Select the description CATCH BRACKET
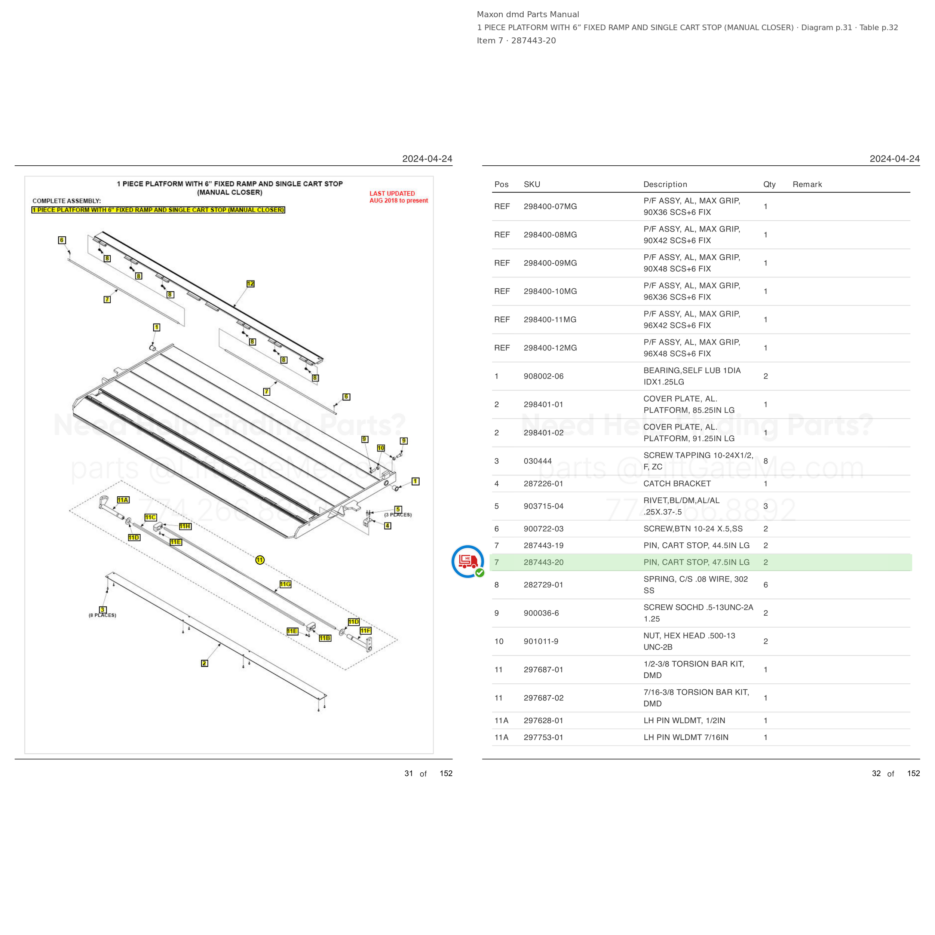(677, 484)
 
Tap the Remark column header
(807, 184)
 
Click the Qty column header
(769, 184)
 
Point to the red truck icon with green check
(467, 561)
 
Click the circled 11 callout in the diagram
(260, 560)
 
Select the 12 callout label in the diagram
(250, 283)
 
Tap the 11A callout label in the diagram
(123, 500)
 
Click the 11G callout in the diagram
(285, 584)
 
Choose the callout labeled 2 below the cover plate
(205, 663)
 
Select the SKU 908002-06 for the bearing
(543, 376)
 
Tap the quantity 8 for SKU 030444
(766, 461)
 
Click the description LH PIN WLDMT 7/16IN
(686, 737)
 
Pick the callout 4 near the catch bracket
(387, 525)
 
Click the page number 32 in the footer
(876, 773)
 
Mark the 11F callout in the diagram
(365, 631)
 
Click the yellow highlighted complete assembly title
(158, 209)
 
